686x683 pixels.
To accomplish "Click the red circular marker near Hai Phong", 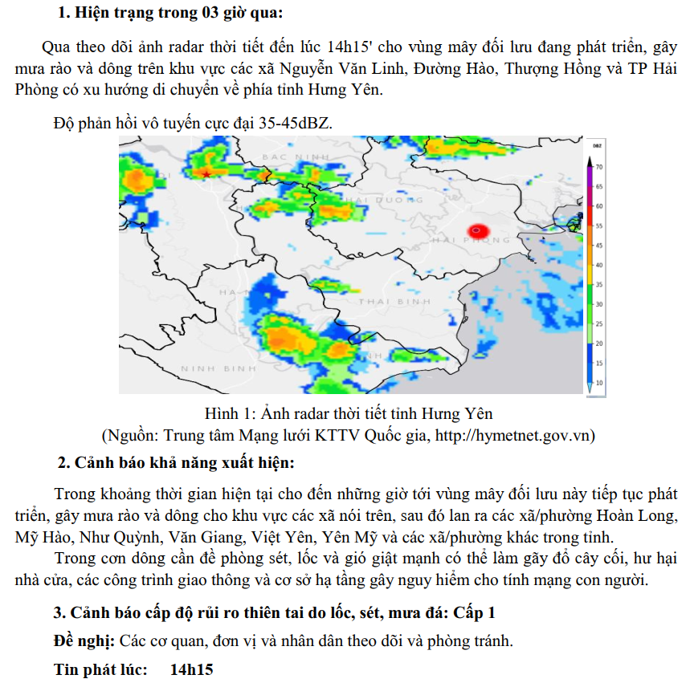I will pyautogui.click(x=477, y=231).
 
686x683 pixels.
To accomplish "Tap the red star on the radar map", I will pyautogui.click(x=206, y=173).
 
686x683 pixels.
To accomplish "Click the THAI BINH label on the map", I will pyautogui.click(x=394, y=301).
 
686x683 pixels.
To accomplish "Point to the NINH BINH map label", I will pyautogui.click(x=217, y=368).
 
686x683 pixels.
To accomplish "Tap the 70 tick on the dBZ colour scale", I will pyautogui.click(x=599, y=167).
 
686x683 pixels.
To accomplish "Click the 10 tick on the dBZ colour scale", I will pyautogui.click(x=599, y=382).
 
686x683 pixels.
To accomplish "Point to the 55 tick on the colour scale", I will pyautogui.click(x=599, y=226).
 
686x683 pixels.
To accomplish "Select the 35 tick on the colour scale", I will pyautogui.click(x=599, y=285).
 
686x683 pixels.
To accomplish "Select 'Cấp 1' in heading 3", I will pyautogui.click(x=474, y=613).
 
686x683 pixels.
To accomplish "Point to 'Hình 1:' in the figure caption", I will pyautogui.click(x=229, y=414).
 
